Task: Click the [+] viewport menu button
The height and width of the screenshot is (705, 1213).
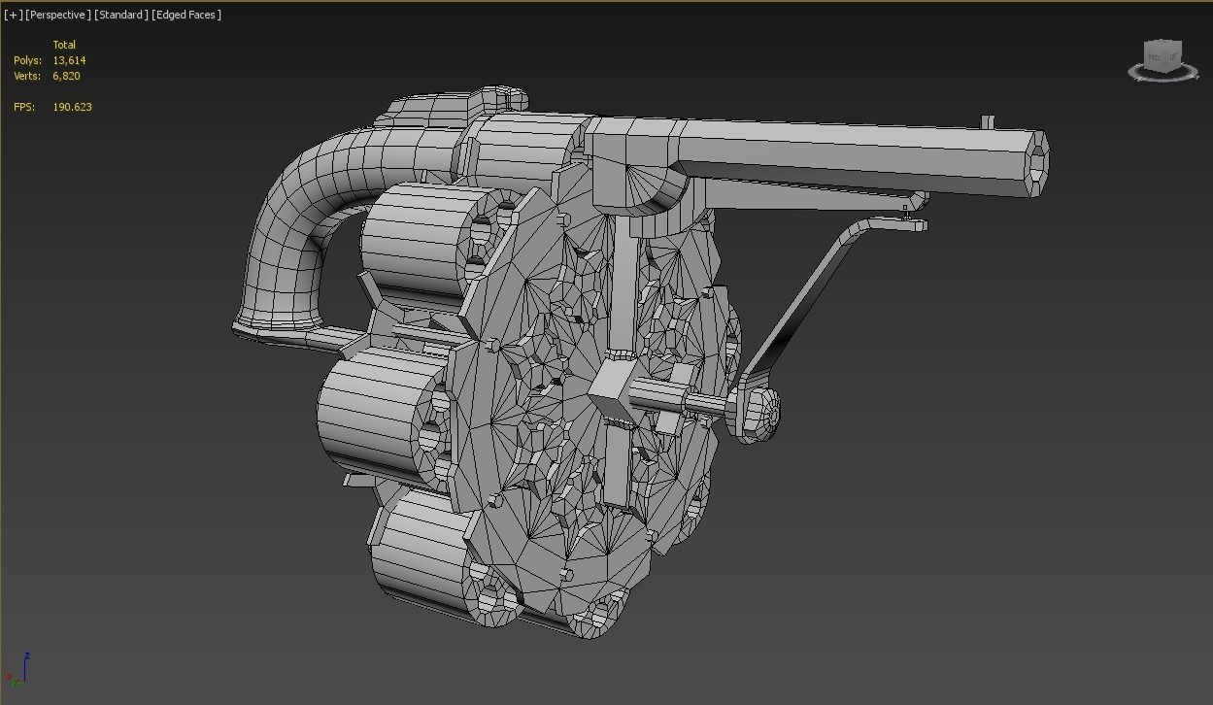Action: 13,15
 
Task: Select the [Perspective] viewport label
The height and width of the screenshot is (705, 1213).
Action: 58,15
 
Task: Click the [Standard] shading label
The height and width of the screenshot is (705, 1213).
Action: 121,15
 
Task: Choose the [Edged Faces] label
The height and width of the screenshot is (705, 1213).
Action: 186,15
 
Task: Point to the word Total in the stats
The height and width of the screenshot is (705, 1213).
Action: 64,45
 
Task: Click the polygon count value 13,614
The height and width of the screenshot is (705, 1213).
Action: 69,60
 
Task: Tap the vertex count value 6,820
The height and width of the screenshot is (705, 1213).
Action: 66,76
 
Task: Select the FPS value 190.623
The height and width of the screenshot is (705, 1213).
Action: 72,107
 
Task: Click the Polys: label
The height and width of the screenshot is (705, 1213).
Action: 27,60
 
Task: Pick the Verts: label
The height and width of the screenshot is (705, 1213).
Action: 27,76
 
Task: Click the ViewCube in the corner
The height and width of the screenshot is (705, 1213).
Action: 1162,59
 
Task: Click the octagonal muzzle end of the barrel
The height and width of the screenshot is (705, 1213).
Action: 1036,162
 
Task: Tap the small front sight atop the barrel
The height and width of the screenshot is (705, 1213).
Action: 987,122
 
